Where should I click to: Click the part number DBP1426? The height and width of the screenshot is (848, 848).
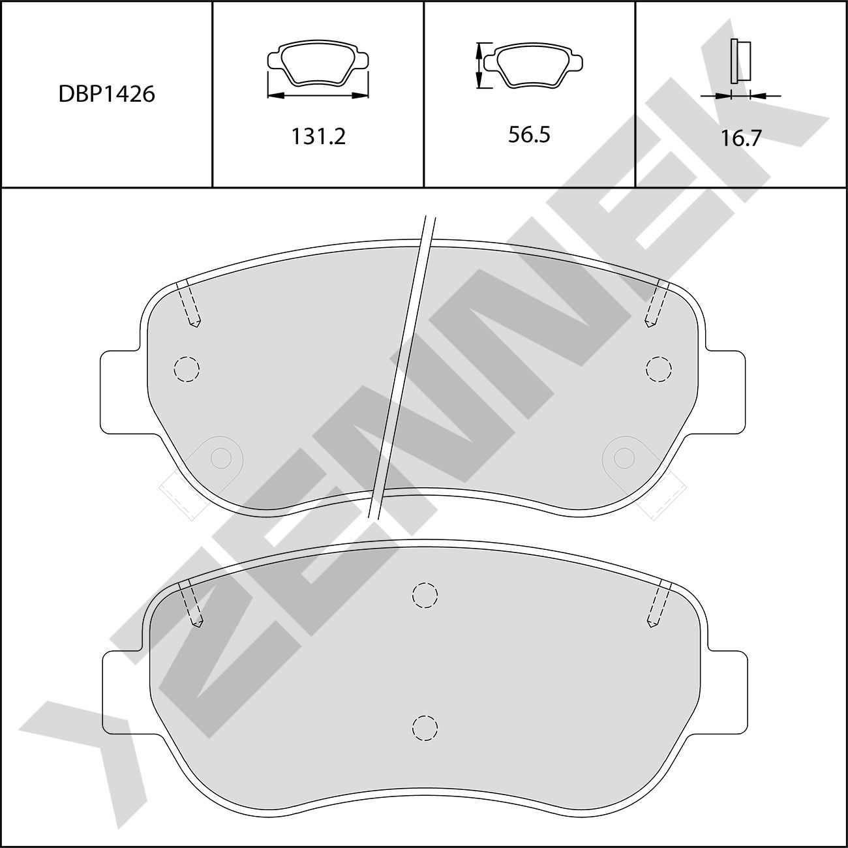107,94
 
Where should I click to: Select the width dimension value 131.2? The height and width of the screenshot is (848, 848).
318,136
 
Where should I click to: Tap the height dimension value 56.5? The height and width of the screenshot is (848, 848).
530,134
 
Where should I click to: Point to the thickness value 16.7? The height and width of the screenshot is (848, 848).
740,138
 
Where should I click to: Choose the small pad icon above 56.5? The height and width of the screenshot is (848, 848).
534,65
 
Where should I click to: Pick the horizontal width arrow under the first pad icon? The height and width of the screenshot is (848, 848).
318,95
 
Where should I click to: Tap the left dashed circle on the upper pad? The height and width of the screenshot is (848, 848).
187,369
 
